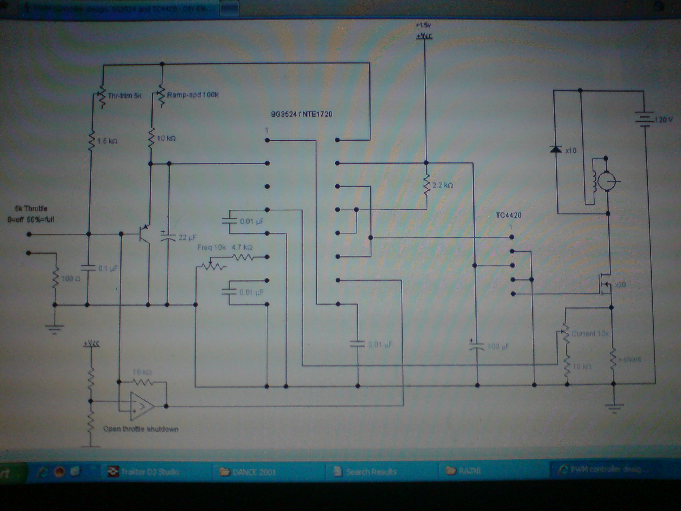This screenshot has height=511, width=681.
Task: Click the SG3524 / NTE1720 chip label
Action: pyautogui.click(x=302, y=114)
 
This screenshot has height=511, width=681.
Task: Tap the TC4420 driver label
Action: pyautogui.click(x=508, y=215)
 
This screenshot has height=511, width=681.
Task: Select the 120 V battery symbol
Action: pyautogui.click(x=644, y=119)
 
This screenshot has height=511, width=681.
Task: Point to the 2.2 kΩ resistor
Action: pyautogui.click(x=426, y=185)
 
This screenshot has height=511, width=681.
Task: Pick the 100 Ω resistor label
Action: pyautogui.click(x=70, y=278)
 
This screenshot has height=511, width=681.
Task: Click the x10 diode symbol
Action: pyautogui.click(x=557, y=150)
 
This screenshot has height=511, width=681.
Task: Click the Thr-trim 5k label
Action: pyautogui.click(x=124, y=95)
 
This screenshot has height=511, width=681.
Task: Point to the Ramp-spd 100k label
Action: pyautogui.click(x=193, y=95)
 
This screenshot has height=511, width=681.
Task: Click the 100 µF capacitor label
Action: pyautogui.click(x=498, y=346)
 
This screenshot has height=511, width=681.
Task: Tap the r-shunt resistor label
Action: pyautogui.click(x=629, y=359)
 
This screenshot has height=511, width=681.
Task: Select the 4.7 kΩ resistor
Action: pyautogui.click(x=243, y=257)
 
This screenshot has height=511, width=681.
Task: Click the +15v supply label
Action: pyautogui.click(x=423, y=25)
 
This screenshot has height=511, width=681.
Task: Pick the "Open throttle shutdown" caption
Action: pyautogui.click(x=141, y=429)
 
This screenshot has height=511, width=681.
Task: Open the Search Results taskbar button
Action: pyautogui.click(x=365, y=472)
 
